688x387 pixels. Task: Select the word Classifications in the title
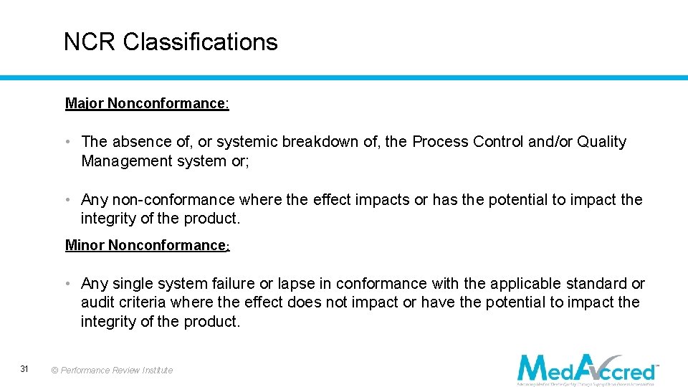[200, 42]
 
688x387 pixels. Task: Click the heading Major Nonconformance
[147, 103]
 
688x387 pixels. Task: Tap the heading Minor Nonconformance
[147, 245]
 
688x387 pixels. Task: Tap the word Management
[124, 161]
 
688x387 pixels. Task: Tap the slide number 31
[24, 369]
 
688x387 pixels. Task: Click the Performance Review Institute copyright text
[112, 371]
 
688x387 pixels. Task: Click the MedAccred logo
[587, 368]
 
